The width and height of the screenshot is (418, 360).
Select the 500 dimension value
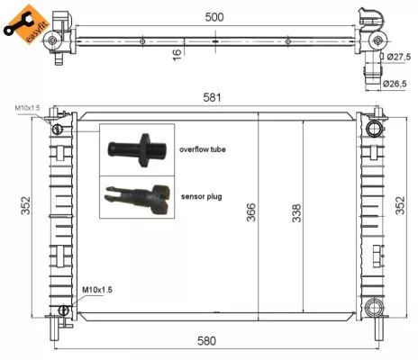click(x=214, y=16)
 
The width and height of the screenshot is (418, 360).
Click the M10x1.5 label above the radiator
click(x=28, y=109)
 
